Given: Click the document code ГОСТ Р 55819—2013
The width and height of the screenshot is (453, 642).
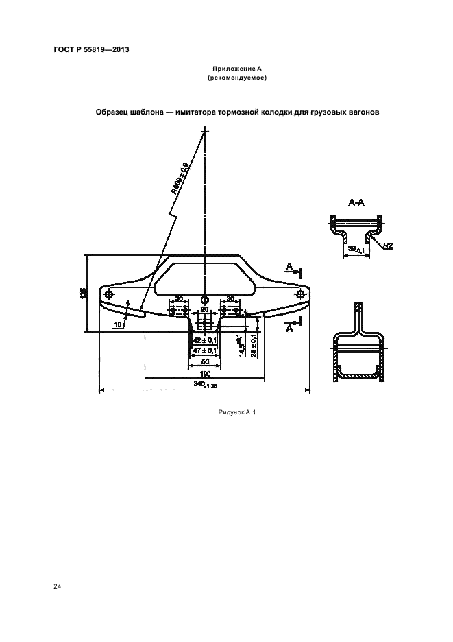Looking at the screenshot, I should click(91, 50).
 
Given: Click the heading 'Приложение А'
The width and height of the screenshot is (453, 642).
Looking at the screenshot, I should click(236, 69).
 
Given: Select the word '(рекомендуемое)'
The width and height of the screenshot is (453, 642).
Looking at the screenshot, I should click(236, 78).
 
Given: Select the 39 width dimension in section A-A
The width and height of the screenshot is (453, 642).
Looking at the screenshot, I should click(355, 251).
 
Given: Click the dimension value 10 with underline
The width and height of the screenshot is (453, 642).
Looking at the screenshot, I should click(118, 324).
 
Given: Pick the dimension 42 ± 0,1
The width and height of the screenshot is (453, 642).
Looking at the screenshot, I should click(205, 340).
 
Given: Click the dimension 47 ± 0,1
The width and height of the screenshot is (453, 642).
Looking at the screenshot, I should click(205, 350).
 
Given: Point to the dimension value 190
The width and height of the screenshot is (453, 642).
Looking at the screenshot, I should click(205, 373).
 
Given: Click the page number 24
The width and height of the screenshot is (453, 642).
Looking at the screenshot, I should click(57, 586).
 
